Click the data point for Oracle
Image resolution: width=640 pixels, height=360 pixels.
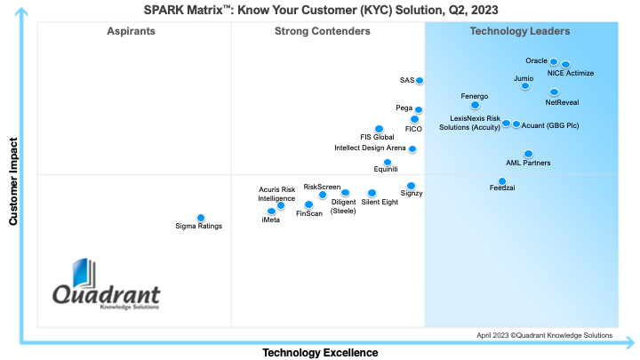(554, 62)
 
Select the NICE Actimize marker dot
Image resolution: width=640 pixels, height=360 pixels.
(566, 64)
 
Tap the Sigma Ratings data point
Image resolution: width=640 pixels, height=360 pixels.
(201, 218)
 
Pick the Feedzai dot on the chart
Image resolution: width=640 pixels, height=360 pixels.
(502, 181)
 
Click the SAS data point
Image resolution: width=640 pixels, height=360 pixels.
(420, 81)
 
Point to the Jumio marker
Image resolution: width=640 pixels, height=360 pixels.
(525, 86)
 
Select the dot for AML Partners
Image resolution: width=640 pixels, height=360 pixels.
(528, 154)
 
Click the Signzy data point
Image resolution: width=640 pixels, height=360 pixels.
(411, 186)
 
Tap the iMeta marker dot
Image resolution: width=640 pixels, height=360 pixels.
(271, 212)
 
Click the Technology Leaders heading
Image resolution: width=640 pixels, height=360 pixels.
(520, 32)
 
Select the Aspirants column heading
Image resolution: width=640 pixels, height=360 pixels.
(132, 32)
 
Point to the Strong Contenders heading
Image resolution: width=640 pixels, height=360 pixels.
(323, 32)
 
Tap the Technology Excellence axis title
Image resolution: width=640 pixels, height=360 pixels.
(319, 353)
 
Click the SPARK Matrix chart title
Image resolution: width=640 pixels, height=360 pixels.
(321, 10)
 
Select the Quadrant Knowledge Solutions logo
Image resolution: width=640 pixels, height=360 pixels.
(106, 287)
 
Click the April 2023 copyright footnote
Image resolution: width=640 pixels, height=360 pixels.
(544, 335)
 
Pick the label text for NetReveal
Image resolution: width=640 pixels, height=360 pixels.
(562, 102)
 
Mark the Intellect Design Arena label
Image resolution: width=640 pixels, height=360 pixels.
(370, 148)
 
